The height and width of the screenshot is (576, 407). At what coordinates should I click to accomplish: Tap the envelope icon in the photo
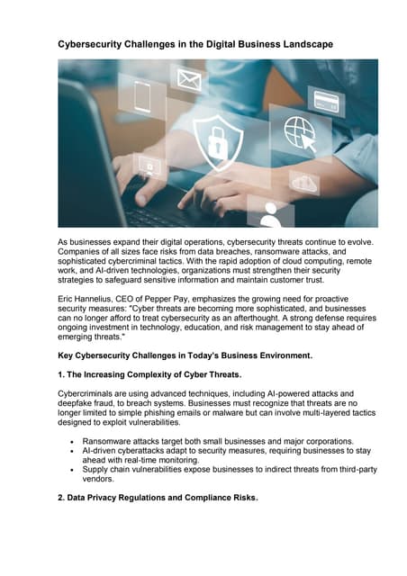pyautogui.click(x=188, y=81)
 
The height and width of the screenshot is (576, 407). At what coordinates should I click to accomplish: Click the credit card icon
pyautogui.click(x=325, y=100)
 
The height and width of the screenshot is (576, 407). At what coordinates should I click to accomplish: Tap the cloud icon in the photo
pyautogui.click(x=304, y=182)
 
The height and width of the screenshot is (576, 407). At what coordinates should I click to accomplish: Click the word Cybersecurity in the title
pyautogui.click(x=94, y=43)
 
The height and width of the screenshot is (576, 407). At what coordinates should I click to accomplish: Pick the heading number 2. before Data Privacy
pyautogui.click(x=62, y=496)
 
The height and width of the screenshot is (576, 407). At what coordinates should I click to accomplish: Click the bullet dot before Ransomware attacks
pyautogui.click(x=72, y=442)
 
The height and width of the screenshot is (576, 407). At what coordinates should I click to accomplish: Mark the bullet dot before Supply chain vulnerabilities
pyautogui.click(x=72, y=470)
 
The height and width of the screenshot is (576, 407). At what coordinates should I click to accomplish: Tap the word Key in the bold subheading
pyautogui.click(x=67, y=355)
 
